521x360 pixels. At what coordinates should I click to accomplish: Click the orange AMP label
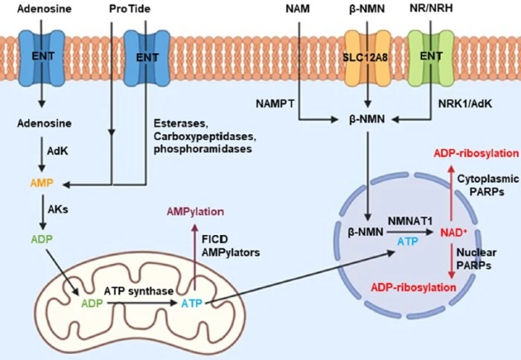click(42, 184)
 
